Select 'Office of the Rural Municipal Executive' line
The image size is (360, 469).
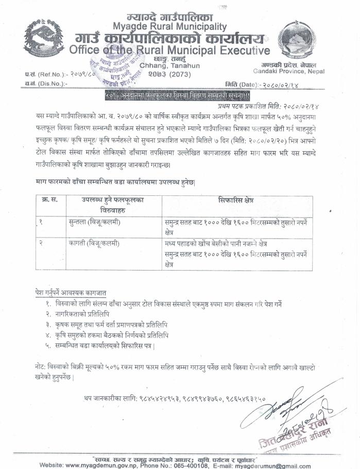(x=170, y=51)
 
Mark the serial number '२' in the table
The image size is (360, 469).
(x=40, y=243)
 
